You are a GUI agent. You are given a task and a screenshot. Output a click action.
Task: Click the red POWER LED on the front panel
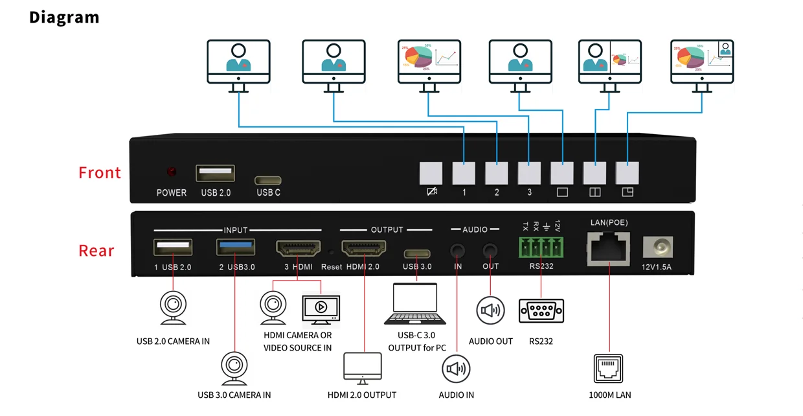tap(172, 172)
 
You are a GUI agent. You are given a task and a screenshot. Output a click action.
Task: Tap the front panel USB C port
tap(268, 180)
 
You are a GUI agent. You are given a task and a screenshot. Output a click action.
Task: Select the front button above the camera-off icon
tap(431, 174)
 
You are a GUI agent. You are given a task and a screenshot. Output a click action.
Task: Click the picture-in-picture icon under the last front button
tap(627, 192)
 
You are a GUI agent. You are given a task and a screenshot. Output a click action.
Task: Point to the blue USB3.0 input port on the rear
tap(236, 248)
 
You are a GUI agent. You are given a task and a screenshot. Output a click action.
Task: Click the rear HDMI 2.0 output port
tap(364, 248)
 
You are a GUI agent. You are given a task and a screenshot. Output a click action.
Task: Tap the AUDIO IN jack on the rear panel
tap(458, 249)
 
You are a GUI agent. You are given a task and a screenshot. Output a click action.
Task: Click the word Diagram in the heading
tap(64, 17)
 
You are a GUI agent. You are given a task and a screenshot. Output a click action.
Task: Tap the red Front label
tap(100, 173)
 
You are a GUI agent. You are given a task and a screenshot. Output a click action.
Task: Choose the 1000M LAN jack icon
tap(608, 369)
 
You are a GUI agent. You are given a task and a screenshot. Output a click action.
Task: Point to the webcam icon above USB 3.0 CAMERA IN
tap(234, 369)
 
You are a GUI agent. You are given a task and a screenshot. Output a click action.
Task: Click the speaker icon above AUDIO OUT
tap(490, 311)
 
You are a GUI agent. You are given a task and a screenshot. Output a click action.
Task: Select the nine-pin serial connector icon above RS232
tap(541, 311)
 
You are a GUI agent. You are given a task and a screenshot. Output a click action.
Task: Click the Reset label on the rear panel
tap(332, 267)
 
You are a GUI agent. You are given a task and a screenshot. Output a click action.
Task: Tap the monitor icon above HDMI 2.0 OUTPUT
tap(363, 369)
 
